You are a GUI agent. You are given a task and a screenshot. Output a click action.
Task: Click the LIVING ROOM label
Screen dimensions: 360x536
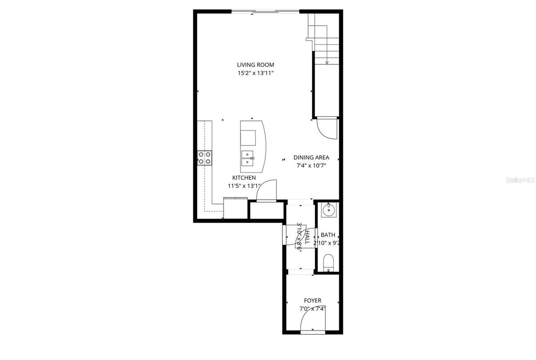click(255, 65)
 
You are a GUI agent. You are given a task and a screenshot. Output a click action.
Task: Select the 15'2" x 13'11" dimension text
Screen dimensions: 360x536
click(255, 73)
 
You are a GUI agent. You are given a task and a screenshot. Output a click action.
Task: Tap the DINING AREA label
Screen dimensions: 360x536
click(311, 158)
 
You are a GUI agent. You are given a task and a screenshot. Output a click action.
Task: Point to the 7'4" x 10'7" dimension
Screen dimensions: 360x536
click(311, 166)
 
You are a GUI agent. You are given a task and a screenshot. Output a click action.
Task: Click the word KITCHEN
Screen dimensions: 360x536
click(244, 178)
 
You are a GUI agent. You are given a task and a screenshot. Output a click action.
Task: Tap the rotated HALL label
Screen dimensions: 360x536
click(307, 237)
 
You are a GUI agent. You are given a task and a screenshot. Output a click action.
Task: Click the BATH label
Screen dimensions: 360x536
click(328, 235)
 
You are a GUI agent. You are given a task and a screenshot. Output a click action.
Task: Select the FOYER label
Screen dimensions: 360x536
click(312, 300)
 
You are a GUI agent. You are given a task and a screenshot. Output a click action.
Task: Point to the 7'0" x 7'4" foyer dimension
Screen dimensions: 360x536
click(312, 308)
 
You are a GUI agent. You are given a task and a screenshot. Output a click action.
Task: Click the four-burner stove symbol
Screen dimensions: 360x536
click(205, 157)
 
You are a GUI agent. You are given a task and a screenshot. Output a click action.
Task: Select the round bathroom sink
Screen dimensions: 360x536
click(329, 210)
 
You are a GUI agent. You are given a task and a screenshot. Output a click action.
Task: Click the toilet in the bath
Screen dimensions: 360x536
click(329, 263)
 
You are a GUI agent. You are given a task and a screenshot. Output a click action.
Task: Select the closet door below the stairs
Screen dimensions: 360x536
click(327, 128)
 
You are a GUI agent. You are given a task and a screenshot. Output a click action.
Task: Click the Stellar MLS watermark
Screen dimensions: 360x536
click(521, 180)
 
